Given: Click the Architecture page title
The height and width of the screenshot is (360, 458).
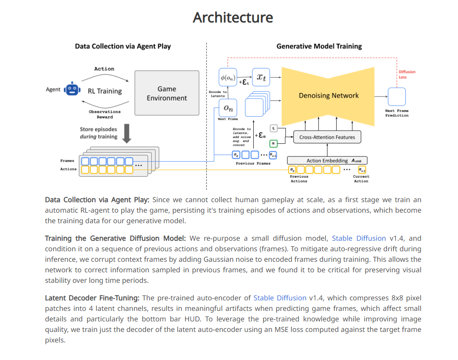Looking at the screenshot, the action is pos(233,18).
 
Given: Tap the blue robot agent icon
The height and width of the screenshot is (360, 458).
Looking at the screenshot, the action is pos(72,89).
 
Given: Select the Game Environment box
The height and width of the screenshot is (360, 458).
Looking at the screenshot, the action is pos(167,93).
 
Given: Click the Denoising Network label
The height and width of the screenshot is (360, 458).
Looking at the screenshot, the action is pos(329,96).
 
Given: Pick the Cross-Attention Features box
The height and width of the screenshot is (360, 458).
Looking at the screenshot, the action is pos(327,137).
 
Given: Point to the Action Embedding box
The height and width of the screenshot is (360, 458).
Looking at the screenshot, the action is pos(327,160).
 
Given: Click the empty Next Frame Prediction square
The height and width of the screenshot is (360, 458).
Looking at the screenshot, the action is pos(397,97).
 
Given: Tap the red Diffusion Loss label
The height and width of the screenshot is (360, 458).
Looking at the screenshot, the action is pos(407,75).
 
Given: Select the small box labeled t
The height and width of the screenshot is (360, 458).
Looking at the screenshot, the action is pos(273,128).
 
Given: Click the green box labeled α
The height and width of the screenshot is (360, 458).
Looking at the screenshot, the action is pos(273,143).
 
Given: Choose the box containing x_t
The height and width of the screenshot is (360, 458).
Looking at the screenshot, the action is pos(261,77).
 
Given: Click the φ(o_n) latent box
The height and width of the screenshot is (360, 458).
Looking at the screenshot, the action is pos(228,77).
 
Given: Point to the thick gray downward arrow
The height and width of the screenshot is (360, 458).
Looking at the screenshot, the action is pos(127,134).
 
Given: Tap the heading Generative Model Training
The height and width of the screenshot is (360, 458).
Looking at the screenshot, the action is pos(319,46).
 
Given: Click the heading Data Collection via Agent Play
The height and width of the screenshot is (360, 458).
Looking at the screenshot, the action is pos(123,46).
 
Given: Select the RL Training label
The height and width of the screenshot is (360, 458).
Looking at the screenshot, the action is pos(105,91).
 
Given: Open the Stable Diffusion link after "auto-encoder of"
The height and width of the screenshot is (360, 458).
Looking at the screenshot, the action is pos(280,298).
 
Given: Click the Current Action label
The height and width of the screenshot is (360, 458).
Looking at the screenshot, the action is pos(361,179).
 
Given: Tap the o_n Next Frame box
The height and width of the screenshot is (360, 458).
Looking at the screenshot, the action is pos(228,108).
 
